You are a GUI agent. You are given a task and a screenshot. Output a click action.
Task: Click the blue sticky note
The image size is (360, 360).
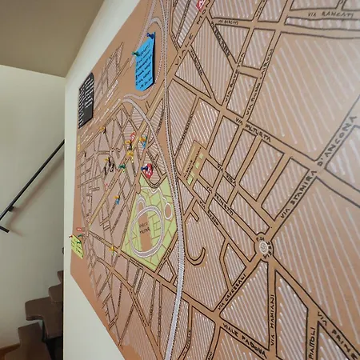point(145,64)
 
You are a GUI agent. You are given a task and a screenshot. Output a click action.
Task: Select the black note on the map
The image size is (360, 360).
point(85,100)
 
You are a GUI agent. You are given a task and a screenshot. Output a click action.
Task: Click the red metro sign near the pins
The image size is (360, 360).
point(147,170)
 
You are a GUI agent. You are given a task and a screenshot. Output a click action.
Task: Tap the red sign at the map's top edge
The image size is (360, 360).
point(200,5)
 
